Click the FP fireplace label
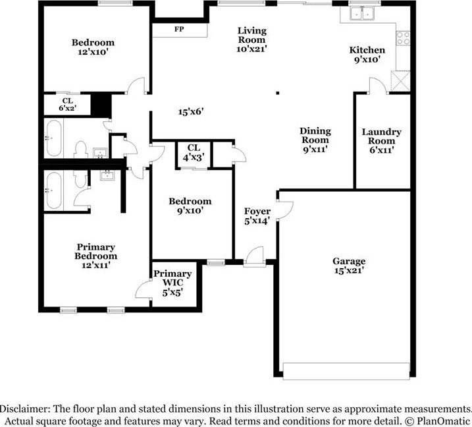[178, 30]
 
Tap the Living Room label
[251, 39]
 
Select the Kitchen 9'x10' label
[367, 55]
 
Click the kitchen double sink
[361, 13]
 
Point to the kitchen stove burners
[403, 38]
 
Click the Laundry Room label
[381, 141]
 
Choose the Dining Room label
[315, 140]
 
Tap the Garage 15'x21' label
[348, 266]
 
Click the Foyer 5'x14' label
[257, 216]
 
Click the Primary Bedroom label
[95, 256]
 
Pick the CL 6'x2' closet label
[67, 104]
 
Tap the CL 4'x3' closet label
[193, 152]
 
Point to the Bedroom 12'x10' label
[93, 47]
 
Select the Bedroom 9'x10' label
[190, 206]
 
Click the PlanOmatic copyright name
[443, 420]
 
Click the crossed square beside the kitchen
[400, 82]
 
